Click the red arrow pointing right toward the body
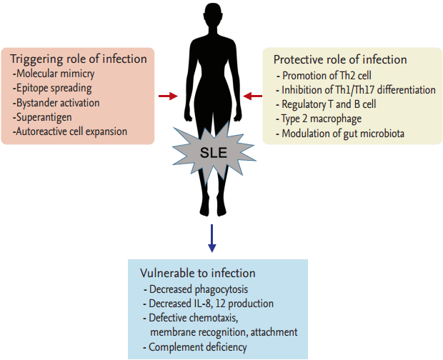(x=169, y=96)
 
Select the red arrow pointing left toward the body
(x=253, y=96)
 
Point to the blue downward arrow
(x=211, y=238)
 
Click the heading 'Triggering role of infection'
(x=79, y=59)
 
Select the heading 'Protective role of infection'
(x=340, y=59)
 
